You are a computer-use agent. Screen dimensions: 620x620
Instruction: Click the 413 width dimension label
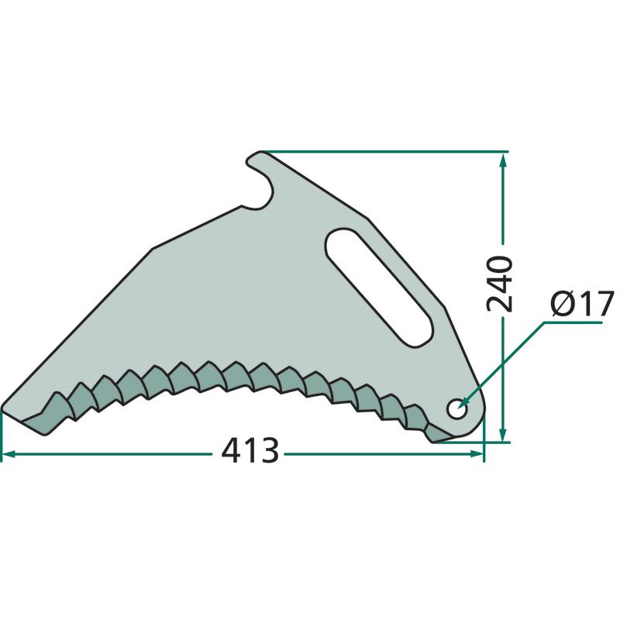tap(250, 450)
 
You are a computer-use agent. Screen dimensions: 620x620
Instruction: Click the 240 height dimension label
tap(499, 284)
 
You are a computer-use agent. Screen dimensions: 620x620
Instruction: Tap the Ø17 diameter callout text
tap(583, 303)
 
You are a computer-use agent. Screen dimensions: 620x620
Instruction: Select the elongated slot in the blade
tap(378, 288)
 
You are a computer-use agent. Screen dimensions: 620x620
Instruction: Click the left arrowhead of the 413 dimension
tap(9, 454)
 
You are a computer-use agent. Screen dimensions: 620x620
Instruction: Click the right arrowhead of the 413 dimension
tap(477, 454)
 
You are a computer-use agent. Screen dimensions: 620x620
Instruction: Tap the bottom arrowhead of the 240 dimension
tap(503, 434)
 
